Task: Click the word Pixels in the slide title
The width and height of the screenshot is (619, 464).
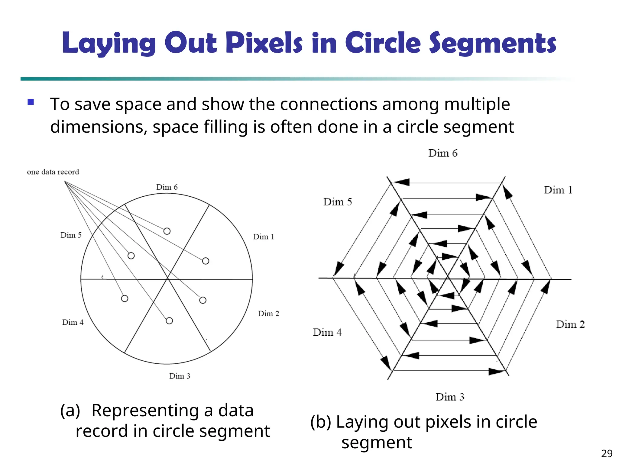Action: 264,43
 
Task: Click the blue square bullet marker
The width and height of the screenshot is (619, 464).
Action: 31,102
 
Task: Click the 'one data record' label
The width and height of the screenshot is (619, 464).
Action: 53,172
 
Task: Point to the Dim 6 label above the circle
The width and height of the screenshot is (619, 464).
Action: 167,187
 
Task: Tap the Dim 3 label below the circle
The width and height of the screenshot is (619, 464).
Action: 180,376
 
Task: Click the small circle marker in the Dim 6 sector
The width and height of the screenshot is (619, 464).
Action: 167,231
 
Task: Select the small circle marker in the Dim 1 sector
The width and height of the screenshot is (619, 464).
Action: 206,261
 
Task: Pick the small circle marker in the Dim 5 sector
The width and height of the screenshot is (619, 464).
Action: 131,256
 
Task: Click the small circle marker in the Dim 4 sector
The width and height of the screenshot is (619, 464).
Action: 125,298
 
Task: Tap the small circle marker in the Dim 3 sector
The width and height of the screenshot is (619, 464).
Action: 169,321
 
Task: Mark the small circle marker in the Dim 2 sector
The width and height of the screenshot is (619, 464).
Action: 203,300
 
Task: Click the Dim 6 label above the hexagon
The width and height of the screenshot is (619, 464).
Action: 443,153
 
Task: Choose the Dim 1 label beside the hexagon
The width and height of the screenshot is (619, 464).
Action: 558,190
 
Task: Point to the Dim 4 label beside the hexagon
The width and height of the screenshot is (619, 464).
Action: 327,332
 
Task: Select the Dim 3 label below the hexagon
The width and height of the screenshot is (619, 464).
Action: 450,397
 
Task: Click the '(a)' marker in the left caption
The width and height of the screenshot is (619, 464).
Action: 70,411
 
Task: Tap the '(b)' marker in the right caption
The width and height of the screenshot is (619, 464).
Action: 320,422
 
